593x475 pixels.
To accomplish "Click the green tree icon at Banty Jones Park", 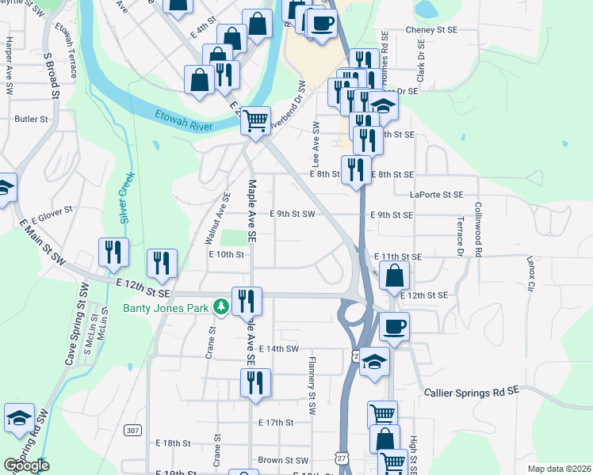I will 224,306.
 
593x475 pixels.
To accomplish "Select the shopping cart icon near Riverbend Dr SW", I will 255,121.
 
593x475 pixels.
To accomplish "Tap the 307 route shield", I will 132,430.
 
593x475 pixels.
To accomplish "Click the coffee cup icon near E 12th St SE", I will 393,325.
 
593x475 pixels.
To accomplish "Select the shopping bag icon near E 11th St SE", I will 394,275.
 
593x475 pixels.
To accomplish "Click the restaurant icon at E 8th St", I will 356,169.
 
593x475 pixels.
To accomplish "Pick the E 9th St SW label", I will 293,214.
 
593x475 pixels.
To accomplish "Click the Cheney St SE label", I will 431,29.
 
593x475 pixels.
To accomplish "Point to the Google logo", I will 26,465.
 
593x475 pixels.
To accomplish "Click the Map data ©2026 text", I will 558,469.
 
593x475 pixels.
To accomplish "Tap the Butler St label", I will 32,119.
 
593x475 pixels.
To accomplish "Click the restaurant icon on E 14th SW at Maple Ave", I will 255,382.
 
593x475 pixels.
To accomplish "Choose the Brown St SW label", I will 282,460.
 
